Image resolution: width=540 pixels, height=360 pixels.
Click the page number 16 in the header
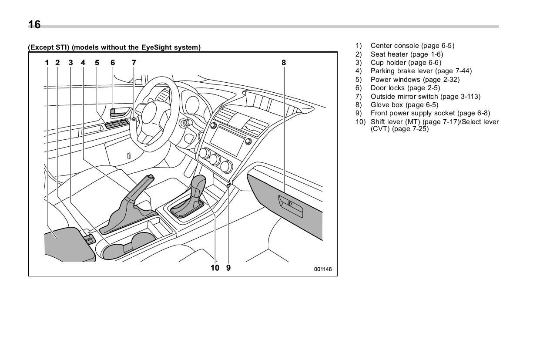34,25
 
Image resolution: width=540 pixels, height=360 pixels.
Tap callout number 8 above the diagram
284,63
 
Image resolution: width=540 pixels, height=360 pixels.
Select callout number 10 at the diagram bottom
215,268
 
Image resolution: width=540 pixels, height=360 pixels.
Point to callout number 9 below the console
228,268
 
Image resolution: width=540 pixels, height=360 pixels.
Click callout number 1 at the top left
47,63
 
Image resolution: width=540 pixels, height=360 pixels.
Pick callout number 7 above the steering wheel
134,63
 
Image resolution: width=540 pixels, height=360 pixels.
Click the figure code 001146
323,269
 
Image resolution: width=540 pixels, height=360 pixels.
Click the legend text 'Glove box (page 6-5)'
404,105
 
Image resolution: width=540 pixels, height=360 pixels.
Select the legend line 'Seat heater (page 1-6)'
406,54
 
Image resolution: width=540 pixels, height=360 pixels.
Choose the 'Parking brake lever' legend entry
421,71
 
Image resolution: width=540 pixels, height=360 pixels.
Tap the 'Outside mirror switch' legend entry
425,97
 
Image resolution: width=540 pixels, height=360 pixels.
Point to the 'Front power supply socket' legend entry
430,113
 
